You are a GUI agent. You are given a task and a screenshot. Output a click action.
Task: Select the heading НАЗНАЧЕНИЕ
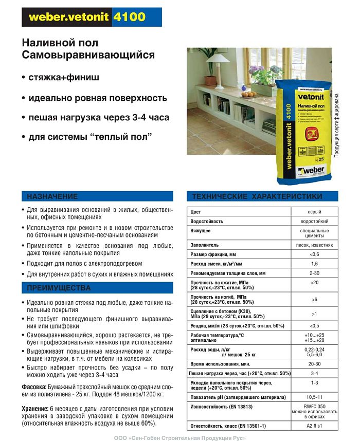tap(52, 196)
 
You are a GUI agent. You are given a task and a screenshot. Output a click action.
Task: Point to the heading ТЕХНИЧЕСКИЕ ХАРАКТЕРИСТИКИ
tap(257, 196)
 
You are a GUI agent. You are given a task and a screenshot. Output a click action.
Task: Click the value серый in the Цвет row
tap(314, 212)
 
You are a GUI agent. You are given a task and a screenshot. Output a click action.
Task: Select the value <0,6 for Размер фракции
tap(314, 254)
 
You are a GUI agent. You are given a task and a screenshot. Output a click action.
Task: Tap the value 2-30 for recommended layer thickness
tap(314, 273)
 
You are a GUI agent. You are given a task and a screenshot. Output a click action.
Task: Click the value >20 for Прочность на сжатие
tap(314, 283)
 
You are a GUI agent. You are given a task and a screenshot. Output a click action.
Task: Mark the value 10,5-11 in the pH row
tap(314, 397)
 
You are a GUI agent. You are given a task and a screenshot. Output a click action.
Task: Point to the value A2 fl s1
tap(314, 427)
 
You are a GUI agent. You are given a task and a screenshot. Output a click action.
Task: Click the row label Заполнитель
tap(205, 245)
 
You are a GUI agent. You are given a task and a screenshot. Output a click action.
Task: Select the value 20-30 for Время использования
tap(314, 363)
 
